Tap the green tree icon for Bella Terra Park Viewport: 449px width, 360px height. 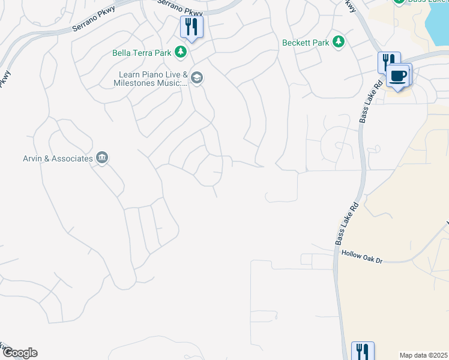point(180,53)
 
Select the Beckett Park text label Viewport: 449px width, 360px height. point(306,43)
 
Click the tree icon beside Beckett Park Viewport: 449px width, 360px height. point(339,42)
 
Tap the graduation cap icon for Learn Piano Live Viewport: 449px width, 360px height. point(197,78)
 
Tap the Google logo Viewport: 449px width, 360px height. point(19,353)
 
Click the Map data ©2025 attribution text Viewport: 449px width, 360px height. point(423,355)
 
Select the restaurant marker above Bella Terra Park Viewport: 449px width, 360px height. point(192,27)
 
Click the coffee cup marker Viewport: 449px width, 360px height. point(399,76)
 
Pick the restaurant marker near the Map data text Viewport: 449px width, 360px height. point(363,350)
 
